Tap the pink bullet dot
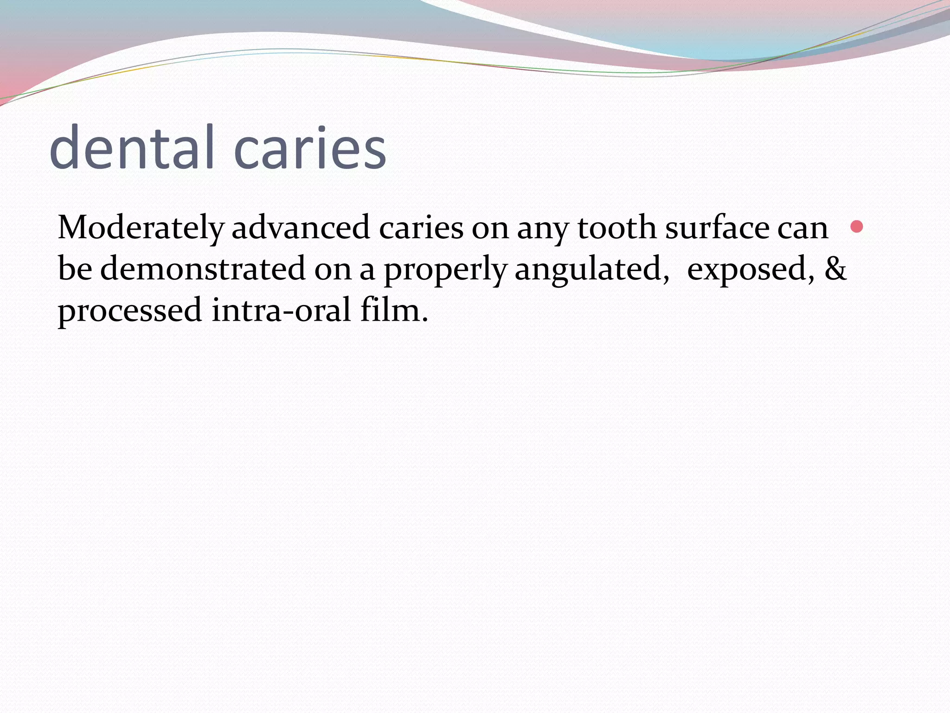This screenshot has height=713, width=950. tap(857, 227)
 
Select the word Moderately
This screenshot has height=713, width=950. tap(141, 228)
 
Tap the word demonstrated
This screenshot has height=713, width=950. tap(203, 269)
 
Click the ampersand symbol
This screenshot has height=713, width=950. tap(835, 269)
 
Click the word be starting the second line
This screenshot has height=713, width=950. tap(75, 269)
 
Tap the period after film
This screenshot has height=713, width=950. tap(424, 320)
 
